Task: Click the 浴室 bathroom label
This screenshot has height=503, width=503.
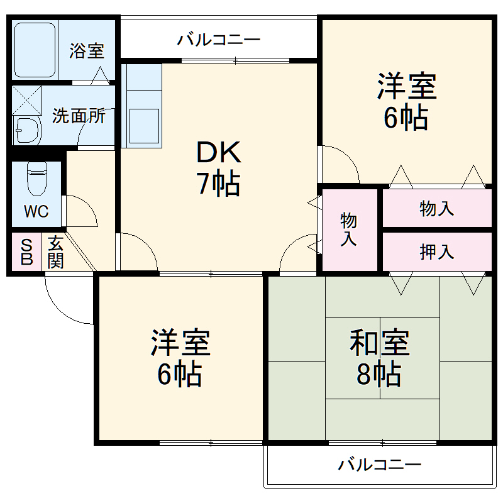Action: [87, 50]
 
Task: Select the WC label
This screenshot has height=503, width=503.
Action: [36, 211]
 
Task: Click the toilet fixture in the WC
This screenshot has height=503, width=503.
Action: [36, 179]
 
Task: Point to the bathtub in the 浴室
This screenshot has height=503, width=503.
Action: [36, 50]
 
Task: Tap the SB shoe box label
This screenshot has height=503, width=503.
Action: [26, 252]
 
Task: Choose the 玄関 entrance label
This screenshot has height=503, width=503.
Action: [55, 252]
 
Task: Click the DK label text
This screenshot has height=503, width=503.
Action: [218, 153]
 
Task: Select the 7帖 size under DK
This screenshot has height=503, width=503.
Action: [218, 184]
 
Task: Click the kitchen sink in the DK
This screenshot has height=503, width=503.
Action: [144, 126]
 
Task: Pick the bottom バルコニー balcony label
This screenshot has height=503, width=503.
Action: [379, 465]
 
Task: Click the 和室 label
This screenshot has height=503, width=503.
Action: [380, 343]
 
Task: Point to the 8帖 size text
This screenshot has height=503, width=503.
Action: [379, 375]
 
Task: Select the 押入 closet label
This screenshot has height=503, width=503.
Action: [436, 252]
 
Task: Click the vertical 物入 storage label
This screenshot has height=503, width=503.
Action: [348, 229]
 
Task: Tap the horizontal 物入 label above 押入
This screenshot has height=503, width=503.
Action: [436, 209]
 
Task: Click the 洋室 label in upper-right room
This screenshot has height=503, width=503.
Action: [407, 87]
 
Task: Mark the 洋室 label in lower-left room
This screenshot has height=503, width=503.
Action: [180, 343]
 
